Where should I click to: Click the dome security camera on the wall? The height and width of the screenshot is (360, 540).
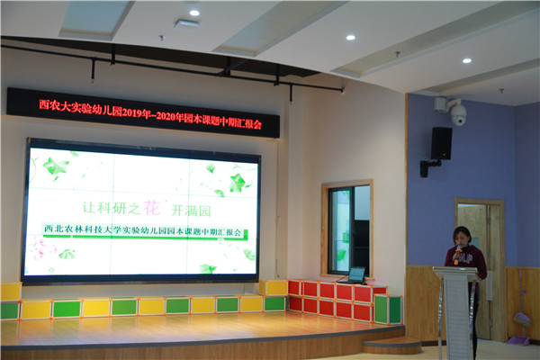tap(458, 114)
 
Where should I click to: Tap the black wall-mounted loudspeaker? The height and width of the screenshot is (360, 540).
tap(441, 143)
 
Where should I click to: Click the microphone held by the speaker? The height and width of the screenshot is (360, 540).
tap(457, 254)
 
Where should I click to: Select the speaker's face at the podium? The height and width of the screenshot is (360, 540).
tap(463, 238)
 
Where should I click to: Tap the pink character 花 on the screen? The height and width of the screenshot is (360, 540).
tap(151, 207)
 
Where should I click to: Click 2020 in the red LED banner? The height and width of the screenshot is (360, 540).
tap(166, 116)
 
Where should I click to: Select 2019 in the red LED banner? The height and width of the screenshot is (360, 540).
tap(130, 112)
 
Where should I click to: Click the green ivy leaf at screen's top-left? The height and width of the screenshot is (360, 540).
tap(56, 166)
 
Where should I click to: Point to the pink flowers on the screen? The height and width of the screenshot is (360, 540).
tap(40, 249)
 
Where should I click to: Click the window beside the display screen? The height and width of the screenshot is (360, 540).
tap(347, 229)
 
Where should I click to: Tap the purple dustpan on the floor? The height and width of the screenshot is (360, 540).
tap(518, 340)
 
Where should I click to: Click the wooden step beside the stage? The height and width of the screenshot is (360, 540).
tap(392, 346)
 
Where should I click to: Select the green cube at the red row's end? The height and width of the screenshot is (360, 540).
tap(388, 310)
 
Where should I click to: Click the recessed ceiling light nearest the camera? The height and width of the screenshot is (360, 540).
tap(466, 60)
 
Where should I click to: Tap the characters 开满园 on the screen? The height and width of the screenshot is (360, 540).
tap(191, 211)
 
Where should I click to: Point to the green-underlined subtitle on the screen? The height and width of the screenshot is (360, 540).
tap(142, 230)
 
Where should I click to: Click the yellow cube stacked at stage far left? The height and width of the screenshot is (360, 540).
tap(11, 292)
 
